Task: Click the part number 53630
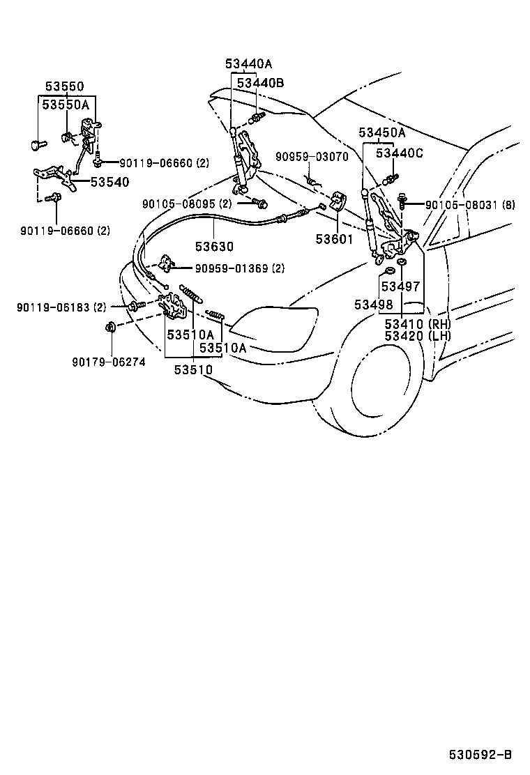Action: pyautogui.click(x=214, y=247)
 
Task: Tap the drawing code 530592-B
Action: pyautogui.click(x=480, y=755)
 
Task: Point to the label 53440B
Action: pyautogui.click(x=260, y=83)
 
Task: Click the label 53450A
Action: pyautogui.click(x=382, y=132)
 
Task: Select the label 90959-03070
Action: pyautogui.click(x=311, y=157)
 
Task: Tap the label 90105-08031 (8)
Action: pyautogui.click(x=470, y=204)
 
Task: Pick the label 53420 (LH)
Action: pyautogui.click(x=418, y=337)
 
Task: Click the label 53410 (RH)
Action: pyautogui.click(x=418, y=324)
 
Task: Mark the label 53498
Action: pyautogui.click(x=374, y=305)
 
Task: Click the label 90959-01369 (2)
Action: pyautogui.click(x=239, y=268)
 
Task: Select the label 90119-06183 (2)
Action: pyautogui.click(x=61, y=306)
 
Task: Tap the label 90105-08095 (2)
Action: pyautogui.click(x=186, y=204)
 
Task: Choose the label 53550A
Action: pyautogui.click(x=66, y=105)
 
